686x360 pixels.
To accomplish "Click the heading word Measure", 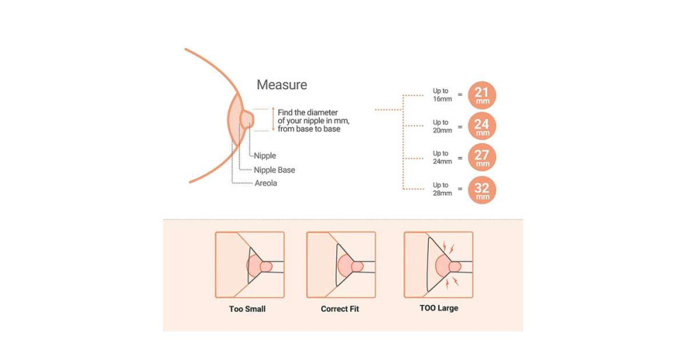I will (x=281, y=85).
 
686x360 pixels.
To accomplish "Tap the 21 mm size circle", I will (x=482, y=95).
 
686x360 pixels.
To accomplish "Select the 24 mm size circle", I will (x=482, y=126).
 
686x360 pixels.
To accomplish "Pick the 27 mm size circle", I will (x=482, y=158).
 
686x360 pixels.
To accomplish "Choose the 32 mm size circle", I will (x=482, y=189).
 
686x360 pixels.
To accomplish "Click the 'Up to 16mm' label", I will (x=441, y=95).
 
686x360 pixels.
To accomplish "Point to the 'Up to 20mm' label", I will (x=441, y=126).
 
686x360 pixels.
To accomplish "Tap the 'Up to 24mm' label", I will (x=441, y=158).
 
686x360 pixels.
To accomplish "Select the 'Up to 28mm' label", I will (x=441, y=189).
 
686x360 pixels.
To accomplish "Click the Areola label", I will (x=265, y=184).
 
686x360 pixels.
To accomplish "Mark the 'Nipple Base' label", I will (x=274, y=170).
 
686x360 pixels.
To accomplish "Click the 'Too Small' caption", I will (x=247, y=309).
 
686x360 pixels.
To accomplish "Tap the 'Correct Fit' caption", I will (x=340, y=309).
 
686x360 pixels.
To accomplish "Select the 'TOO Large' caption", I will (x=438, y=309).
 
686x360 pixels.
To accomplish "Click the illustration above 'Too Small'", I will (x=249, y=264).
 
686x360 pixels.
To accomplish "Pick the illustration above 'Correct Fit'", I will (x=340, y=264).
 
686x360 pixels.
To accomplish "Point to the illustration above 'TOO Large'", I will (x=438, y=264).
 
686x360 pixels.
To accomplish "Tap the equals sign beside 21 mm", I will (x=460, y=95).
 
